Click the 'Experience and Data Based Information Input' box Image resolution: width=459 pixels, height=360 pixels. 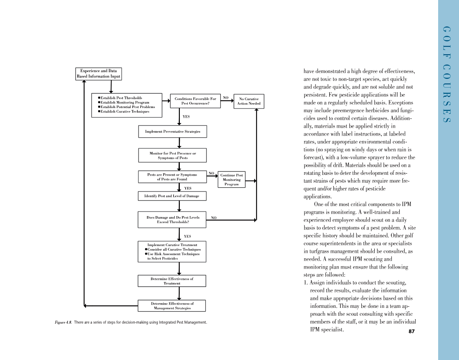point(98,74)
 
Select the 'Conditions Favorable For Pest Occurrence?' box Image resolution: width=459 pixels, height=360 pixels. point(195,101)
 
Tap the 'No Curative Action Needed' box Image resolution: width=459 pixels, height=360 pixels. point(249,101)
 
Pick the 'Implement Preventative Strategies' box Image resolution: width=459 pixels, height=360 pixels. point(172,131)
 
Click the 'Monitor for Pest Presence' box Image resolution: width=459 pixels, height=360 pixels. point(172,156)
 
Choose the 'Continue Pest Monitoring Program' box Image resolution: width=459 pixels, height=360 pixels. point(231,180)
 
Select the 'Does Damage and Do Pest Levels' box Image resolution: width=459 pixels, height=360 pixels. point(172,220)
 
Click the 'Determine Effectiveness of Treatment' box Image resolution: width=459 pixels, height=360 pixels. point(171,281)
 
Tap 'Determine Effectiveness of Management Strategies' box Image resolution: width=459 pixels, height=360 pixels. point(171,306)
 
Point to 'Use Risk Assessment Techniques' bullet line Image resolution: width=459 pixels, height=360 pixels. point(173,254)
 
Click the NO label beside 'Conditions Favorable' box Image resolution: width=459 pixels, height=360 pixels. point(226,98)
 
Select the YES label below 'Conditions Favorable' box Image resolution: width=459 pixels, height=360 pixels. point(187,116)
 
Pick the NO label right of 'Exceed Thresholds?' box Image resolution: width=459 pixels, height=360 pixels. point(214,217)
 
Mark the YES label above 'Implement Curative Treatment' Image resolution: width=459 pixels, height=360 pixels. point(187,236)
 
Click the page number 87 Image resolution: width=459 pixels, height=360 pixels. point(411,332)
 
